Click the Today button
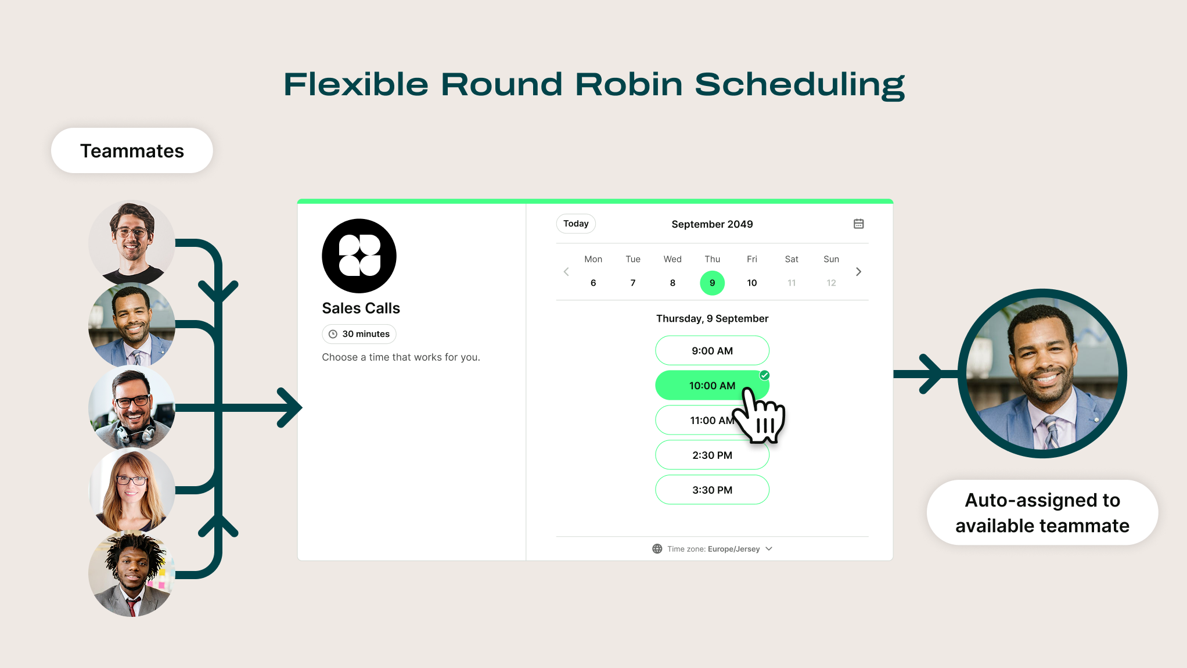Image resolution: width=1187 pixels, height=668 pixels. pyautogui.click(x=575, y=224)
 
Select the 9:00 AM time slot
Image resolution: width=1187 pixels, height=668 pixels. pyautogui.click(x=712, y=351)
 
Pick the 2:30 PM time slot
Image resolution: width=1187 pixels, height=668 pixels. pyautogui.click(x=712, y=455)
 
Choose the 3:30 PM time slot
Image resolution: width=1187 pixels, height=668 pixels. pyautogui.click(x=712, y=490)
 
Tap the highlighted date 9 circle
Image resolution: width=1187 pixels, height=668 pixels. pyautogui.click(x=712, y=283)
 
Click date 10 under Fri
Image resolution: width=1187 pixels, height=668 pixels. pyautogui.click(x=751, y=283)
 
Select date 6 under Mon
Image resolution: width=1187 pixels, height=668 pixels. pyautogui.click(x=593, y=283)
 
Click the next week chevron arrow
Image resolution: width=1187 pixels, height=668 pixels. pyautogui.click(x=858, y=272)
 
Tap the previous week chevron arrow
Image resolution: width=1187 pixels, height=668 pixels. pyautogui.click(x=566, y=272)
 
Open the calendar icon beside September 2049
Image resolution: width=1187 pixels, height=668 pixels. pyautogui.click(x=858, y=224)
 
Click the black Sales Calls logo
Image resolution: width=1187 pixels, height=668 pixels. pyautogui.click(x=359, y=256)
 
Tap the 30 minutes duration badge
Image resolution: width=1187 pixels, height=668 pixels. pyautogui.click(x=359, y=334)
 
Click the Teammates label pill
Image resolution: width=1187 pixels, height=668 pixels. pyautogui.click(x=132, y=151)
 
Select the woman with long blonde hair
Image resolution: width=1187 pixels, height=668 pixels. pyautogui.click(x=132, y=490)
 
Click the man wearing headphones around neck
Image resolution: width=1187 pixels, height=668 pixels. pyautogui.click(x=132, y=407)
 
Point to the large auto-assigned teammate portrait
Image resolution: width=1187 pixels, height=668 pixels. pyautogui.click(x=1042, y=373)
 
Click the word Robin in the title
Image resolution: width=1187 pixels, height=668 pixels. pyautogui.click(x=628, y=84)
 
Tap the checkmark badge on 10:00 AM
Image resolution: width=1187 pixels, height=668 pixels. pyautogui.click(x=765, y=375)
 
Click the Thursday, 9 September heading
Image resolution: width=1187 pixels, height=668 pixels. pyautogui.click(x=712, y=318)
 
